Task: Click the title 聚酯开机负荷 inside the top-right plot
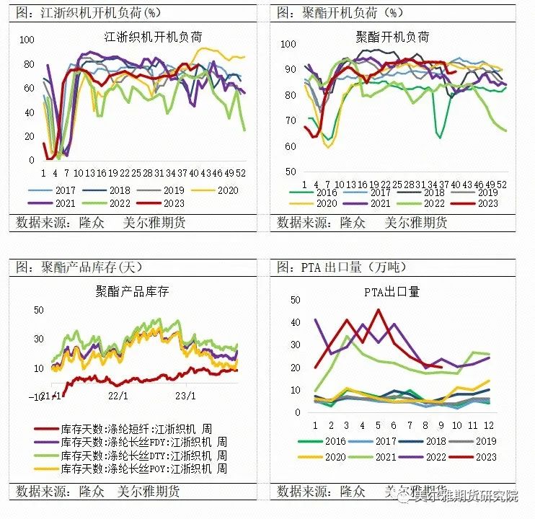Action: pyautogui.click(x=393, y=37)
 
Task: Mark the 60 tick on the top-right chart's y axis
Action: pyautogui.click(x=289, y=146)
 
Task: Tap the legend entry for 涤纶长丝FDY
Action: pyautogui.click(x=147, y=442)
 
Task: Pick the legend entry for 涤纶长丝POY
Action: pyautogui.click(x=147, y=469)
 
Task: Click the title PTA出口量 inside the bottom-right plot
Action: pyautogui.click(x=392, y=292)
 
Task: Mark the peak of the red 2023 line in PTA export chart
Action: pyautogui.click(x=378, y=310)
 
